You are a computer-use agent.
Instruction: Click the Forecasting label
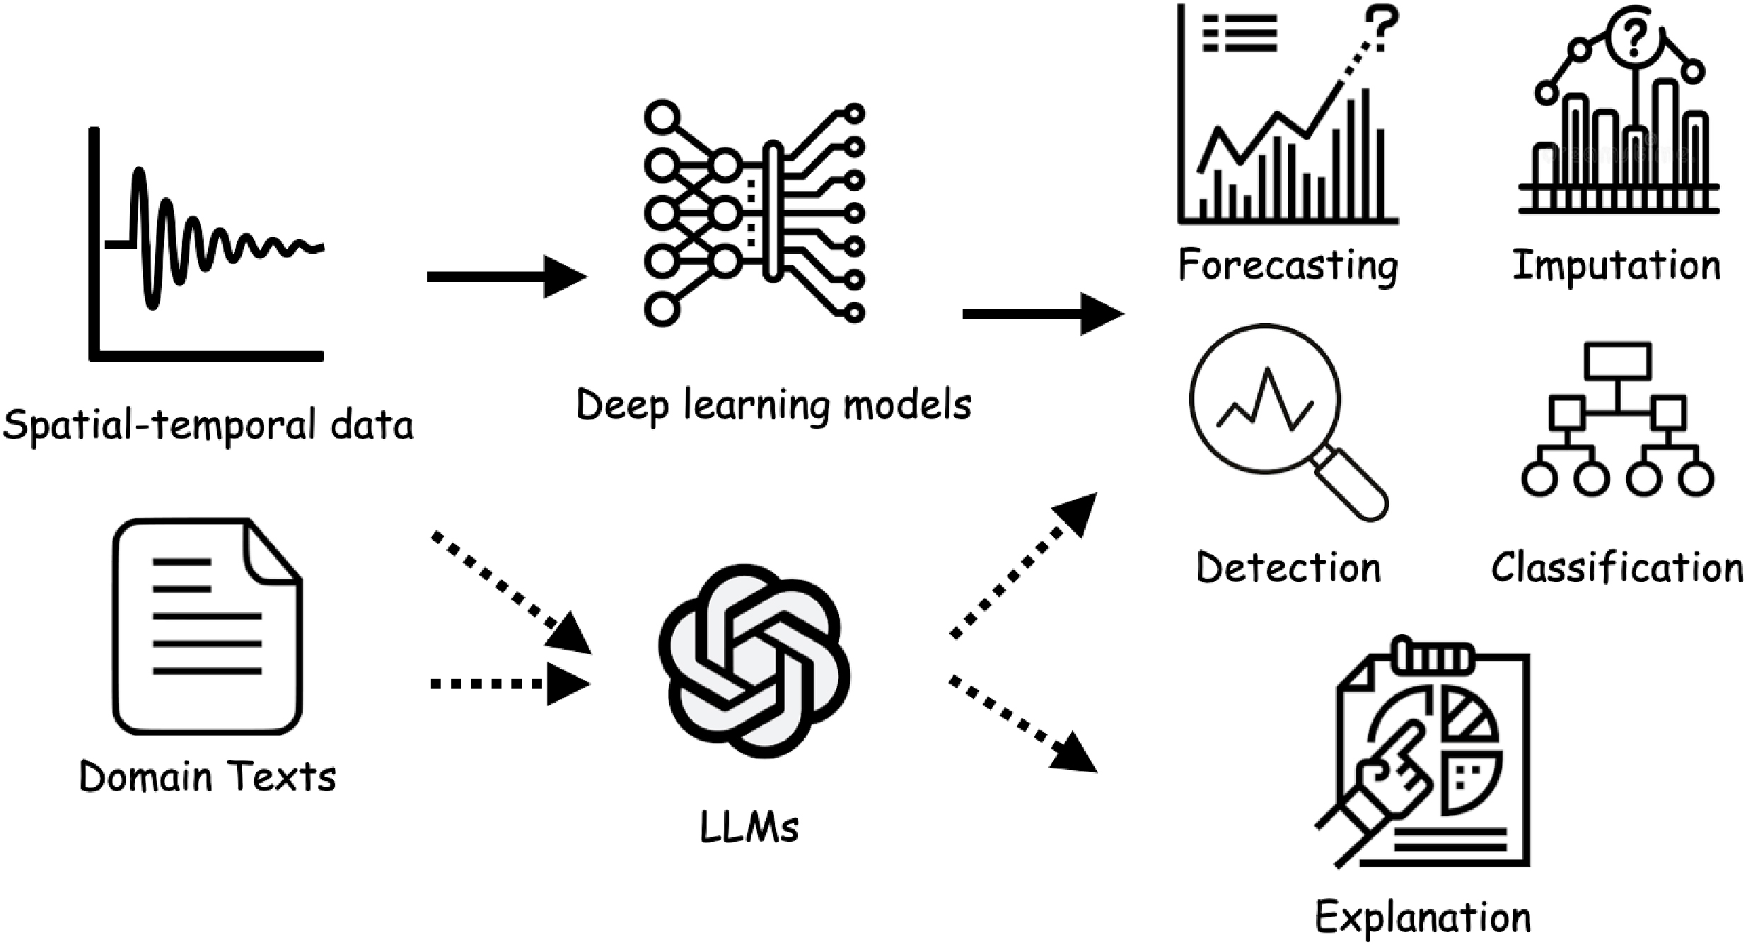1288,267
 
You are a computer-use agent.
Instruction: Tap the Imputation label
1616,267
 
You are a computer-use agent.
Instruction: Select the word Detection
1288,568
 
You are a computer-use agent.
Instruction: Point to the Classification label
1617,568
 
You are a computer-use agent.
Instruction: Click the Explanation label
1422,918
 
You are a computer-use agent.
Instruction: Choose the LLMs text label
749,827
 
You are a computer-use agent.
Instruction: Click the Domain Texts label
207,776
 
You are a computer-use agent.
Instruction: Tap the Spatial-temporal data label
208,426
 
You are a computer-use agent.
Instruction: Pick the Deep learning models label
774,405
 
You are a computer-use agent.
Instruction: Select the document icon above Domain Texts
207,626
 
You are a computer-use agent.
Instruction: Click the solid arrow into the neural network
506,276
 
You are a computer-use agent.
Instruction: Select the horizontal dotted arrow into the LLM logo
509,684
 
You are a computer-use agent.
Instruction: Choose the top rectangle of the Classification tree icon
1618,361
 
